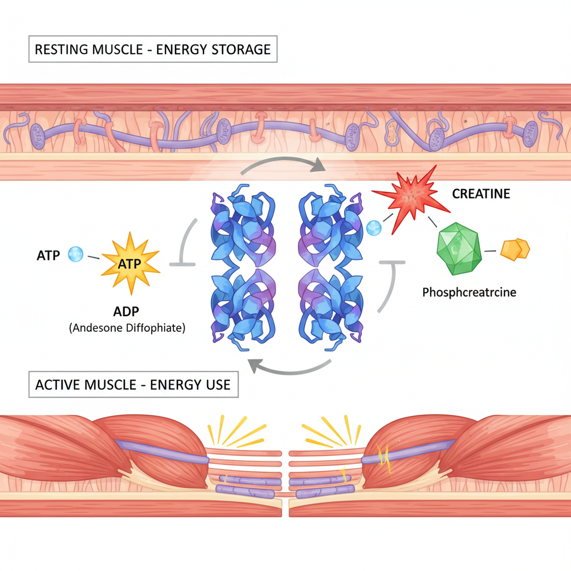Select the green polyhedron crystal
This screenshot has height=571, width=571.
[459, 249]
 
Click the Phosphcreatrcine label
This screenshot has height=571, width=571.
[469, 292]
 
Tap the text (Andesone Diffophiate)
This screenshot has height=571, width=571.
[127, 328]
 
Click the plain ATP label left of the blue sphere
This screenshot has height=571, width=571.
[47, 257]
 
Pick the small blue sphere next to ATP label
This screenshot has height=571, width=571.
[75, 255]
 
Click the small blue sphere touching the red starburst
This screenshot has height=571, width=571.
[374, 227]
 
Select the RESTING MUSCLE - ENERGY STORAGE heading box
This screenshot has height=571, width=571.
[152, 49]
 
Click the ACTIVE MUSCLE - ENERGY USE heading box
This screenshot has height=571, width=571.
[133, 385]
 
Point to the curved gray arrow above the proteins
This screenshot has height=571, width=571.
[285, 162]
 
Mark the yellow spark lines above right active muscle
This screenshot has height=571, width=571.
[331, 432]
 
